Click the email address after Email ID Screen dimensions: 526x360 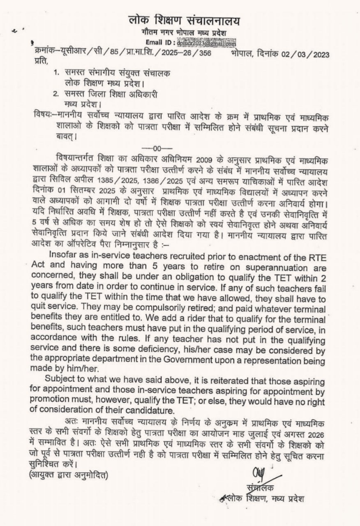206,43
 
